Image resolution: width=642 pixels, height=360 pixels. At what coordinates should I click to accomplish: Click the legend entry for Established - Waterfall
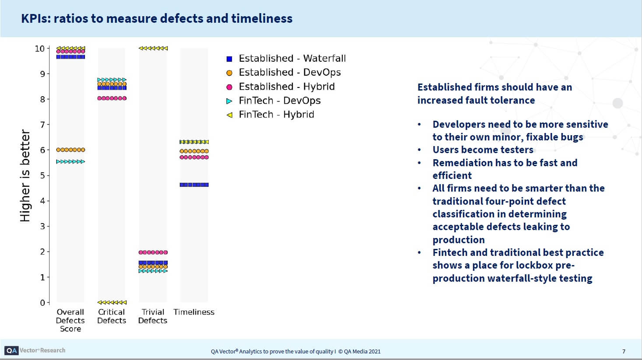[292, 59]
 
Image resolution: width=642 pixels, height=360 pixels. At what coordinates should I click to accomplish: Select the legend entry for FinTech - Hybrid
[276, 115]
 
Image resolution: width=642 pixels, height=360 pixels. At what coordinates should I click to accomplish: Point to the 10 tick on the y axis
[40, 49]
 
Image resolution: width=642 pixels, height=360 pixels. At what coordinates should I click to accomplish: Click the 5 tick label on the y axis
[42, 175]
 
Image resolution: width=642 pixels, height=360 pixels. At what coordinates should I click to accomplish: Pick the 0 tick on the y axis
[42, 303]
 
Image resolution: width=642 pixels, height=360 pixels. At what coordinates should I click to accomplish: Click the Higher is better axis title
[25, 175]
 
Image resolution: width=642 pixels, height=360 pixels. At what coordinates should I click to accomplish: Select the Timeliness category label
[194, 312]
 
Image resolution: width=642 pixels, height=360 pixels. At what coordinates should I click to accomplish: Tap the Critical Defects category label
[112, 316]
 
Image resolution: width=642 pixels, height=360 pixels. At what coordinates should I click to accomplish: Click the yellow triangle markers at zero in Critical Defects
[112, 302]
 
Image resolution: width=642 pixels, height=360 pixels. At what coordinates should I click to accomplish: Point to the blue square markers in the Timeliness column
[194, 185]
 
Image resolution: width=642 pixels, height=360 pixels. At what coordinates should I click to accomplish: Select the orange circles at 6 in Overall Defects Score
[70, 150]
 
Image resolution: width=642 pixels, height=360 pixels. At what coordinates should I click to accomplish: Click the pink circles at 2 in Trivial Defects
[153, 252]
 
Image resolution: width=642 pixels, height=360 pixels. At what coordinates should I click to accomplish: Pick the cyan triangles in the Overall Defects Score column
[70, 162]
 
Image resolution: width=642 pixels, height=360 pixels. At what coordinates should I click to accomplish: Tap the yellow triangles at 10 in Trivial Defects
[153, 49]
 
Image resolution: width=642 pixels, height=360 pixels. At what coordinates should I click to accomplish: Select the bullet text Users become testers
[483, 150]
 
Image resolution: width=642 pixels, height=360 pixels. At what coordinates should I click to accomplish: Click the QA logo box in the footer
[11, 350]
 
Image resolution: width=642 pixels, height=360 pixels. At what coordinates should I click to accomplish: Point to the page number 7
[624, 351]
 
